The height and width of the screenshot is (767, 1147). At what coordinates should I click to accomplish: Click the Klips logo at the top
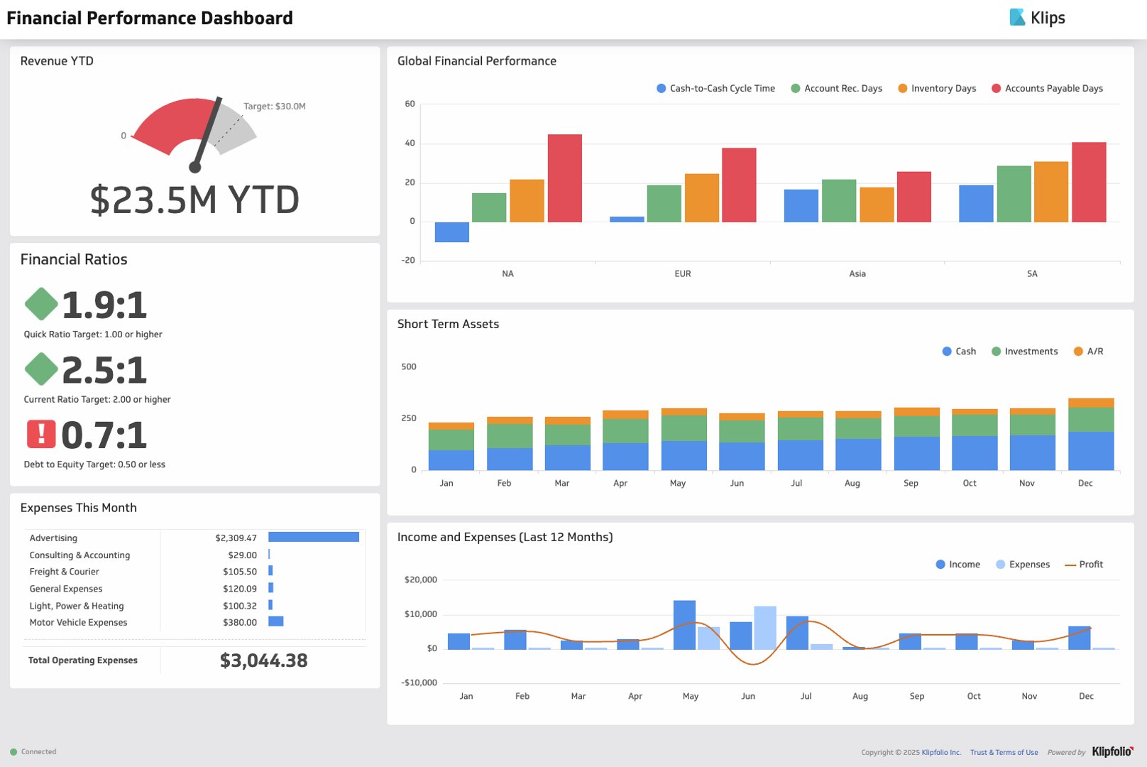[x=1037, y=18]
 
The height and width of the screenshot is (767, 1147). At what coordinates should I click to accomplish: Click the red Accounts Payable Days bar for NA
[x=564, y=178]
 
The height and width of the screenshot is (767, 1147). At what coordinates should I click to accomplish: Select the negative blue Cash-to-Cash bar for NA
[x=451, y=232]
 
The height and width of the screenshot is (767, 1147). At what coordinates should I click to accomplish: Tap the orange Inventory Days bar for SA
[x=1050, y=192]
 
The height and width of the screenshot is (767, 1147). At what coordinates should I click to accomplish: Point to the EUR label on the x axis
[x=682, y=274]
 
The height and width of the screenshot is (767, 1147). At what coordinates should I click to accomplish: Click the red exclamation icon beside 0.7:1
[x=41, y=434]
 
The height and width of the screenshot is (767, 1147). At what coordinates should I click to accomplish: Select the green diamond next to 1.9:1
[x=41, y=304]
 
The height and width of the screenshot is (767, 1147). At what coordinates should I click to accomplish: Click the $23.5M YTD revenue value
[x=194, y=200]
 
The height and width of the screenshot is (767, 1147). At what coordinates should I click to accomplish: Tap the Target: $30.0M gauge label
[x=274, y=107]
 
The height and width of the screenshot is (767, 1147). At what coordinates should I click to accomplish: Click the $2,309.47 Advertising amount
[x=236, y=538]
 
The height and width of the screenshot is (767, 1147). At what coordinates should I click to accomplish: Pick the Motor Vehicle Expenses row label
[x=78, y=623]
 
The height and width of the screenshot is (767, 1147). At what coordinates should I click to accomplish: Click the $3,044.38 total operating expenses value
[x=263, y=660]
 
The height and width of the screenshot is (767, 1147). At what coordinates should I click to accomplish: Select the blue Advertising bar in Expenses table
[x=313, y=538]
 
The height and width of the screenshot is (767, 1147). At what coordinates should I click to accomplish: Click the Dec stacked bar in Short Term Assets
[x=1090, y=434]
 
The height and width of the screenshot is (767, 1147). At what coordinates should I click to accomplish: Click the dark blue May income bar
[x=684, y=625]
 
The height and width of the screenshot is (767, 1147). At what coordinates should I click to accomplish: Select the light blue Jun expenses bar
[x=764, y=628]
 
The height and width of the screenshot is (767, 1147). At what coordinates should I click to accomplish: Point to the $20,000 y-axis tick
[x=420, y=580]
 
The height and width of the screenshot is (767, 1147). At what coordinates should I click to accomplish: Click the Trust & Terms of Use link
[x=1004, y=753]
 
